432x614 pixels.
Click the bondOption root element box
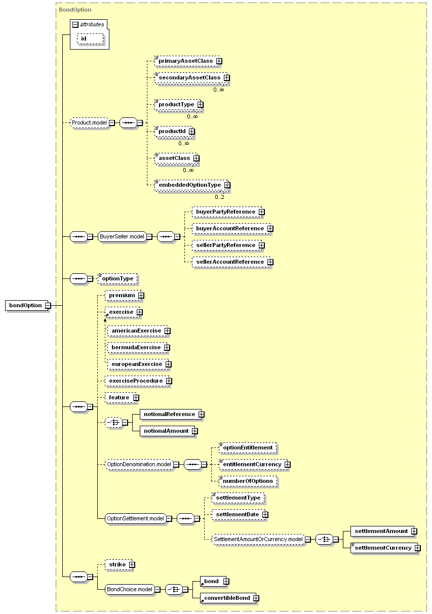point(27,305)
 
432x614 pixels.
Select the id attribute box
point(90,38)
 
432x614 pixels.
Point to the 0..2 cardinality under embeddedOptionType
point(219,197)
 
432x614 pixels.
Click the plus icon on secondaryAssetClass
point(226,78)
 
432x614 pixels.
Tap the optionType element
point(117,279)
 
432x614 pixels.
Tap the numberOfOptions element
point(248,481)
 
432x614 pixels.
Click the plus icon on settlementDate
point(265,515)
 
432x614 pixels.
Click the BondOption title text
point(75,10)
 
